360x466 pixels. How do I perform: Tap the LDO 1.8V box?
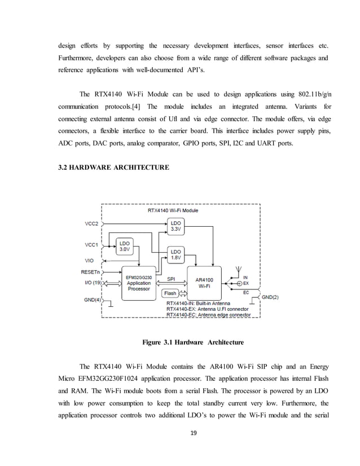[176, 255]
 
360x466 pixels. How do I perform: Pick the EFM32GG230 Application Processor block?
[138, 282]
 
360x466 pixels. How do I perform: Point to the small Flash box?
[169, 293]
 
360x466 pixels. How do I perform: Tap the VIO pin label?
[89, 260]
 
